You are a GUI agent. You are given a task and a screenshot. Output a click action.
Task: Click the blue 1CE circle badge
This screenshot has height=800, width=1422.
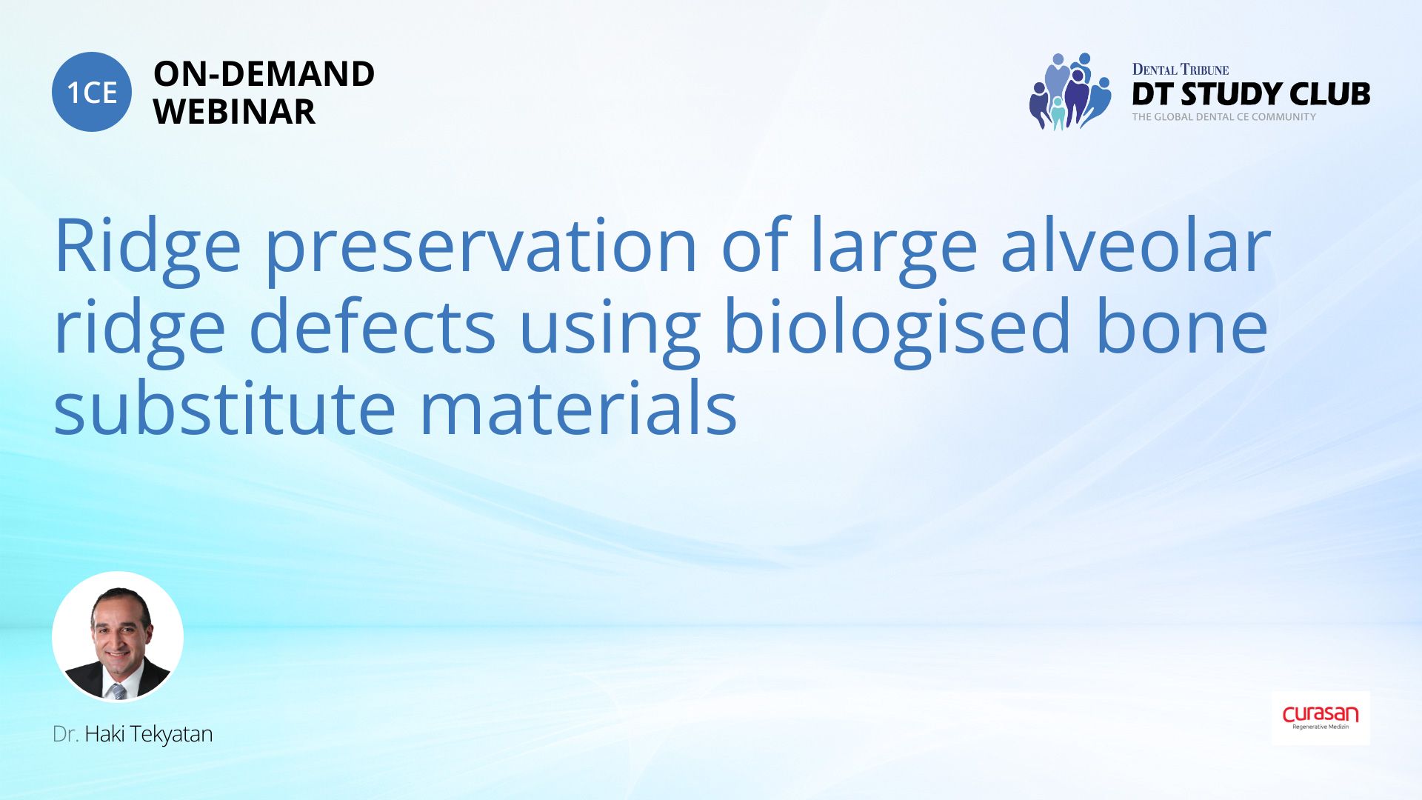click(x=92, y=92)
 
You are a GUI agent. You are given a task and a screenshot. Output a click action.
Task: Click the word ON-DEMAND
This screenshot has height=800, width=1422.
click(x=264, y=74)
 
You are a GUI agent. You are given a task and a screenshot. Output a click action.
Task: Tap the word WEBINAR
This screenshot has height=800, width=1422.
click(x=234, y=112)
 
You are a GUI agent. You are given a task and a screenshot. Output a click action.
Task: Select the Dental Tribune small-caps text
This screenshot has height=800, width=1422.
click(x=1180, y=70)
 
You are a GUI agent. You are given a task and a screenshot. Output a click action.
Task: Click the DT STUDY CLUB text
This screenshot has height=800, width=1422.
click(x=1251, y=94)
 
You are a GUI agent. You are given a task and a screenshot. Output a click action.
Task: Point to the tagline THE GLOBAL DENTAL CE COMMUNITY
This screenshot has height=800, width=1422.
click(x=1224, y=117)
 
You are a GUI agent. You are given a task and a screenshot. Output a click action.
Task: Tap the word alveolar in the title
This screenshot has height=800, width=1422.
click(x=1135, y=245)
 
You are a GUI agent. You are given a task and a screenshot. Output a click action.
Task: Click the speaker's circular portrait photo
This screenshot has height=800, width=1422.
click(x=118, y=636)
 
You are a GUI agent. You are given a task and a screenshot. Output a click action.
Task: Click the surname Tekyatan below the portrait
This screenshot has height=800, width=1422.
click(x=171, y=734)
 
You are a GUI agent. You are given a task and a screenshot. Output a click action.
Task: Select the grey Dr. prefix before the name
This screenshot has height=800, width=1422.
click(x=65, y=734)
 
